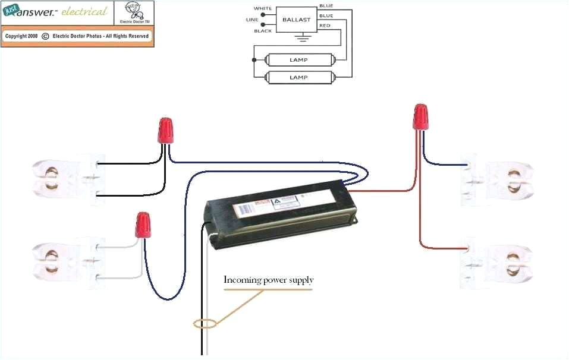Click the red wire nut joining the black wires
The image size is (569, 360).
coord(166,130)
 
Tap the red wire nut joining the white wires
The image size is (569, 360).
coord(142,225)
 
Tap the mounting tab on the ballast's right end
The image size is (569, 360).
coord(355,220)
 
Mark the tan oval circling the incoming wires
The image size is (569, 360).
coord(205,324)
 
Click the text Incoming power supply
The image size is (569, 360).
coord(268,280)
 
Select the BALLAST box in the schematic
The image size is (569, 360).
coord(296,20)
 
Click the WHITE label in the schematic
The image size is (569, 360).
coord(263,8)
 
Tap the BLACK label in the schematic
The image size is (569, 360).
coord(263,30)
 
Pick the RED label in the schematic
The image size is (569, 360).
coord(325,26)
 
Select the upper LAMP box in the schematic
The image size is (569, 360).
coord(298,60)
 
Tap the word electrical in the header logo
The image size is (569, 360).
coord(84,11)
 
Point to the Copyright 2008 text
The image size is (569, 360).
coord(21,36)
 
